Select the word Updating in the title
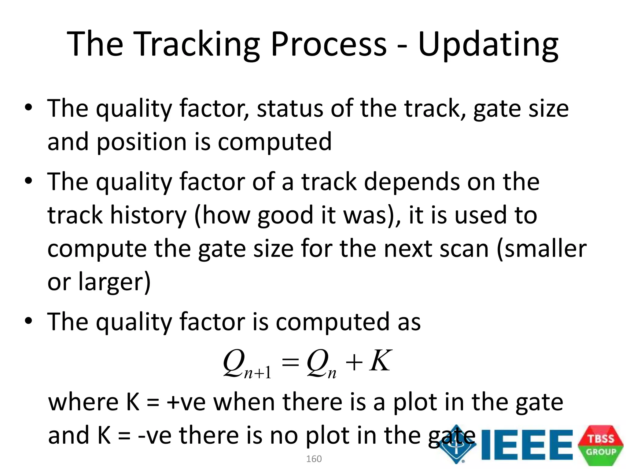[x=488, y=45]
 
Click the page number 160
[x=314, y=459]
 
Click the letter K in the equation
[x=380, y=361]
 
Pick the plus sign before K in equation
[x=354, y=363]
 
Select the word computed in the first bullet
[x=274, y=142]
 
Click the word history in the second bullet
[x=148, y=215]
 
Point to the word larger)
[x=114, y=282]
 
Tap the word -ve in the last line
[x=155, y=435]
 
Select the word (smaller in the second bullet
[x=542, y=249]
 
